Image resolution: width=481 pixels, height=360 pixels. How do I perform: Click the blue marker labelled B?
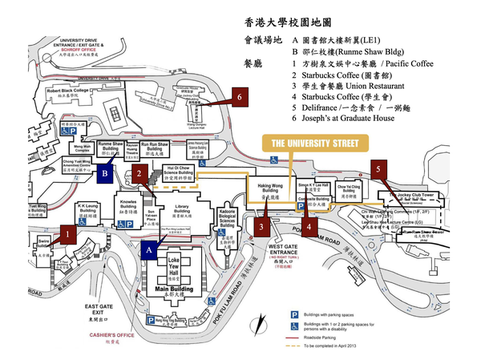pos(106,171)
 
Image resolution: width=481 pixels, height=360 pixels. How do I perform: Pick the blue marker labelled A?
pos(148,249)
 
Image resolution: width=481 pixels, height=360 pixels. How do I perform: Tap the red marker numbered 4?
pos(309,227)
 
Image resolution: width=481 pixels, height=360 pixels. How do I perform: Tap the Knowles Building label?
pos(129,204)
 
